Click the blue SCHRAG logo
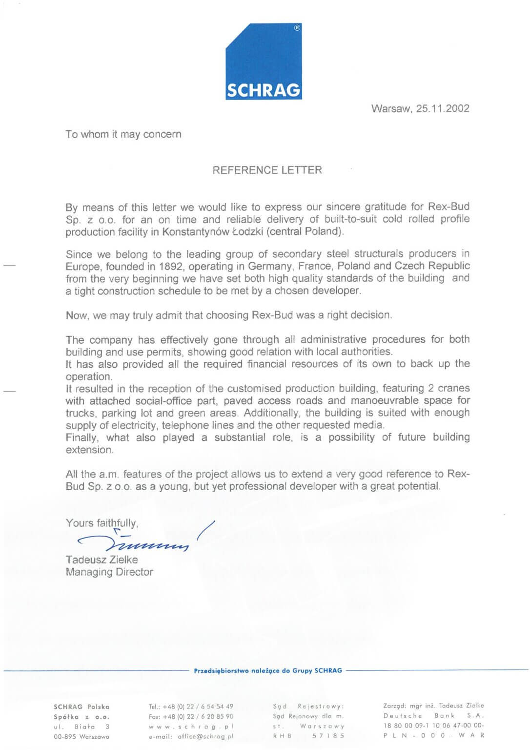coord(264,62)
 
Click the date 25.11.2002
coord(443,108)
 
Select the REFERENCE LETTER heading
coord(267,170)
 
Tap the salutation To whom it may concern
coord(123,134)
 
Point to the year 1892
coord(170,266)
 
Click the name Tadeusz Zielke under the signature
coord(102,560)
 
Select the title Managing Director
coord(109,572)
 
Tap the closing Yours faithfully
coord(102,523)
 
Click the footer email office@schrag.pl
coord(191,736)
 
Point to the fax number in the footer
coord(191,717)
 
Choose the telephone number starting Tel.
coord(191,707)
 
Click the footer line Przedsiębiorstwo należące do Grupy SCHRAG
coord(268,670)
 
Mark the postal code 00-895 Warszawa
coord(82,736)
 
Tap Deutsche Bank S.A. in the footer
coord(433,716)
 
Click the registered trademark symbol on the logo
coord(297,28)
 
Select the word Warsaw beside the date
coord(391,108)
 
